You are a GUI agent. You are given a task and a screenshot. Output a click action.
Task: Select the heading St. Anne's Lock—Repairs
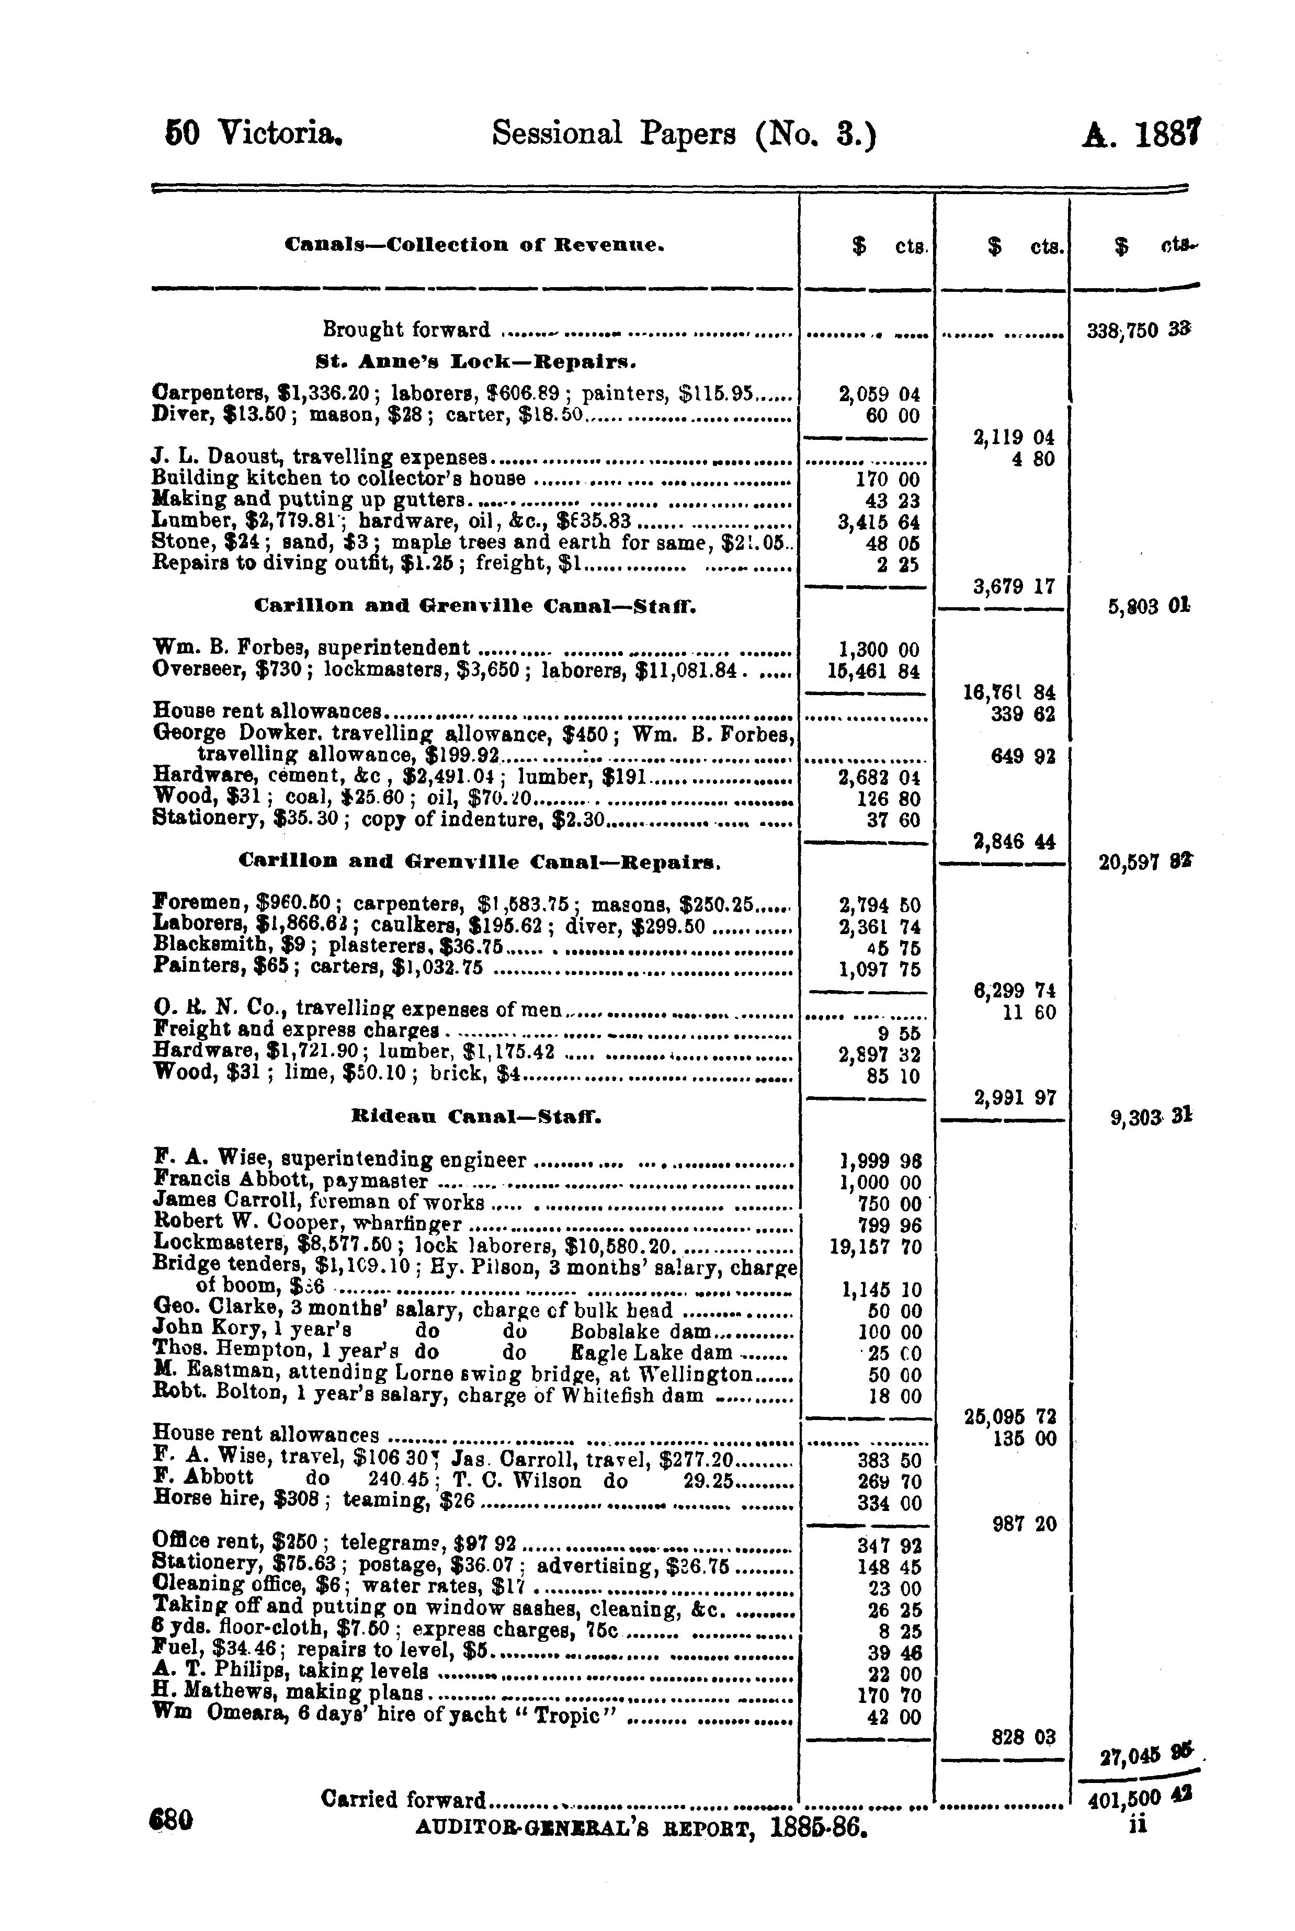[475, 362]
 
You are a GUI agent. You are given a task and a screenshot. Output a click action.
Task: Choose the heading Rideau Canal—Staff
[476, 1118]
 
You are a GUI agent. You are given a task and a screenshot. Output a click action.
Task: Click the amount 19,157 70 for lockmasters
[876, 1246]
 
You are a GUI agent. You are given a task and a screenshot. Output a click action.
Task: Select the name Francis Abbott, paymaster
[291, 1182]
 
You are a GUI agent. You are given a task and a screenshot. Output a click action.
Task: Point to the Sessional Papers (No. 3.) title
[683, 134]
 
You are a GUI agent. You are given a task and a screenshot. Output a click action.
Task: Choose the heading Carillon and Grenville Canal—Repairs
[480, 862]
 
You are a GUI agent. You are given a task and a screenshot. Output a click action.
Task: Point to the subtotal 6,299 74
[1014, 990]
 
